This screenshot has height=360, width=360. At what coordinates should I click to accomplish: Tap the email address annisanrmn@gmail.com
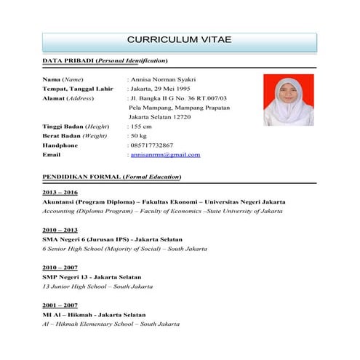pyautogui.click(x=165, y=155)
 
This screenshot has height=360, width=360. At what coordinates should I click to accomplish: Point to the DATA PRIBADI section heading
pyautogui.click(x=105, y=60)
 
